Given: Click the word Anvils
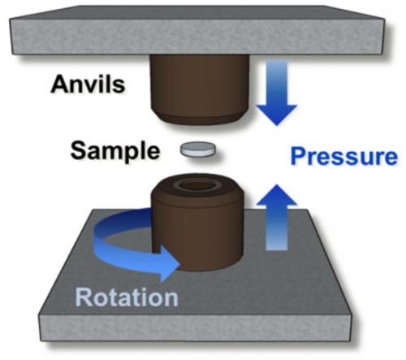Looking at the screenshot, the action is click(88, 85).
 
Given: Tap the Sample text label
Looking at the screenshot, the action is click(115, 151).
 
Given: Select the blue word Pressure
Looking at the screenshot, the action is click(343, 157).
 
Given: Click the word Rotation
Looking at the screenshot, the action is click(127, 297).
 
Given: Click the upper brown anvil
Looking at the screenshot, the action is click(200, 88).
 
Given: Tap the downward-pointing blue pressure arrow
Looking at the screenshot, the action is click(277, 93).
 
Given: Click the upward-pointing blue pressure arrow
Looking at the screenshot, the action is click(277, 217).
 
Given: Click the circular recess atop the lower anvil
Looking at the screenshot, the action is click(197, 186).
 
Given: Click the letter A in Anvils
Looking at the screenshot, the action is click(59, 85).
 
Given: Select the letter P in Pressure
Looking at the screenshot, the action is click(298, 156).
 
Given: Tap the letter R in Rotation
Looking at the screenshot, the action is click(84, 297).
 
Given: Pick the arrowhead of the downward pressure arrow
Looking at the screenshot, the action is click(277, 115).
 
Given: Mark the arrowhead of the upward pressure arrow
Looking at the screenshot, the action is click(277, 195).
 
